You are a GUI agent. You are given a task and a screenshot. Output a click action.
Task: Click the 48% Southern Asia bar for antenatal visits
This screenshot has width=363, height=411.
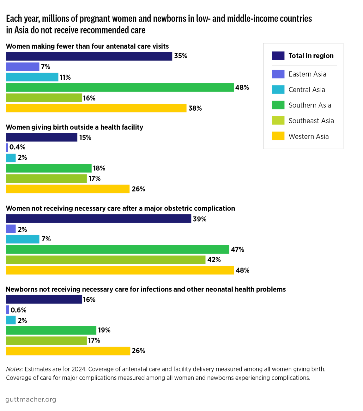coord(120,88)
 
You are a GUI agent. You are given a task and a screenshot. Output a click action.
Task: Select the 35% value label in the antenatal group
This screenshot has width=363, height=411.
coord(181,56)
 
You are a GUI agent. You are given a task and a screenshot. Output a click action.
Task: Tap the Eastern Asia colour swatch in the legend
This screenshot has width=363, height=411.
coord(278,74)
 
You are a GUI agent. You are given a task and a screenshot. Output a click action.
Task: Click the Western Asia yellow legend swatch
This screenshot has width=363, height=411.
coord(278,136)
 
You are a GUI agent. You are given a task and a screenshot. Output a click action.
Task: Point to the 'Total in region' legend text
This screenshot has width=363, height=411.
coord(311,56)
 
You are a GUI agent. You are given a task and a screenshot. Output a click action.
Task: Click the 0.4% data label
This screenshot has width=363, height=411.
coord(17,147)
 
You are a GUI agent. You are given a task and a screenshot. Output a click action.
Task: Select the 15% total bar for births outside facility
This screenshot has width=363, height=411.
coord(41,137)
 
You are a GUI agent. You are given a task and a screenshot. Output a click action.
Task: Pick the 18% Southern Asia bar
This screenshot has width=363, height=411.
coord(49,168)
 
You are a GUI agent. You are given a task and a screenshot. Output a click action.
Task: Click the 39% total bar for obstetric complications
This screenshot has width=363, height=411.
coord(99,219)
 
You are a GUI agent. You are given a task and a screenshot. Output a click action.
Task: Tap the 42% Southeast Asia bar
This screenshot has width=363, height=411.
coord(106,260)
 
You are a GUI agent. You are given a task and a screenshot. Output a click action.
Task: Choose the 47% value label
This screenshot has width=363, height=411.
coord(238,250)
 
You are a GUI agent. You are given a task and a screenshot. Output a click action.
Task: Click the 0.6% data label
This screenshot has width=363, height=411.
coord(18,310)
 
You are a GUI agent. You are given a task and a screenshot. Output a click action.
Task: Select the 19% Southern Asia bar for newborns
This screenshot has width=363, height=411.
coord(51,330)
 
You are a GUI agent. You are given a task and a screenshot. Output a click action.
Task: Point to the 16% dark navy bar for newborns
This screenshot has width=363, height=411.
coord(44,299)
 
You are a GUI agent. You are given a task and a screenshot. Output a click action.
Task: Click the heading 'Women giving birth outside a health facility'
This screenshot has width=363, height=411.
coord(75,127)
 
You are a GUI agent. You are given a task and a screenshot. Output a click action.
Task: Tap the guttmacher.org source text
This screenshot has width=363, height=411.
coord(31,399)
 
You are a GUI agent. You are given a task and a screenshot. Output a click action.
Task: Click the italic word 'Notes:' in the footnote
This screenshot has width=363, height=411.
coord(15,369)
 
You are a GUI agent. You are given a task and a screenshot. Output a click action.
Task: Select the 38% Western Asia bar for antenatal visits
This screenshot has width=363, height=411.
coord(96,108)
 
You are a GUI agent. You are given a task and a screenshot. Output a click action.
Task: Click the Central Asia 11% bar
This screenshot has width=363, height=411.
coord(32,77)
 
